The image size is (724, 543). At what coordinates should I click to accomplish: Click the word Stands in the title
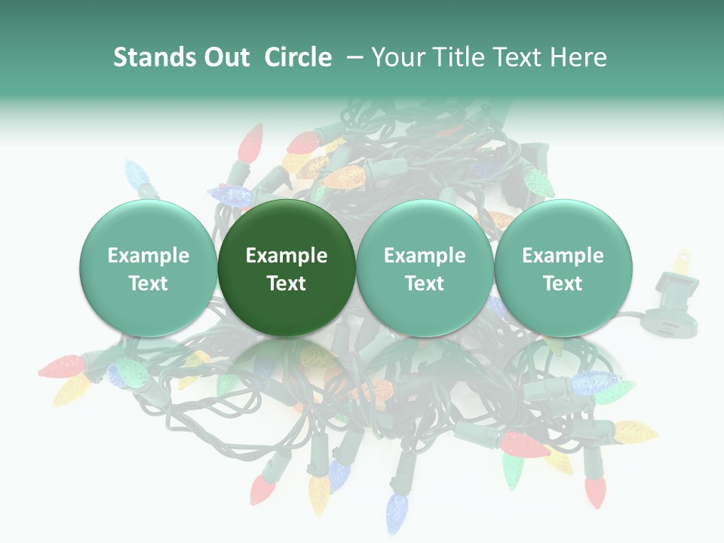point(149,57)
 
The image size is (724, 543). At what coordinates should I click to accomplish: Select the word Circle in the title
point(298,57)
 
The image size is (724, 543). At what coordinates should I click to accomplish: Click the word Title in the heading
point(461,57)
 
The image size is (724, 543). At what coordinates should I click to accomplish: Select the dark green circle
point(287,268)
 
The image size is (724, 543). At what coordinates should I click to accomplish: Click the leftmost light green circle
point(148,268)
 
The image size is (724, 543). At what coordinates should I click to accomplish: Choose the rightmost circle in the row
point(563,268)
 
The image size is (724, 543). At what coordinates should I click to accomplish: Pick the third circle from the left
point(425,268)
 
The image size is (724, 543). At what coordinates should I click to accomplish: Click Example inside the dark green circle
point(287,256)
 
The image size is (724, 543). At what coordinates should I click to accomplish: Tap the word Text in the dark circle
point(287,284)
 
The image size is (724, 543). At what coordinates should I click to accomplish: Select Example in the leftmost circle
point(148,256)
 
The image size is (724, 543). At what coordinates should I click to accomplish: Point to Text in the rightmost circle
point(563,284)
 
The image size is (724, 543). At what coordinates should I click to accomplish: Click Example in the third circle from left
point(425,256)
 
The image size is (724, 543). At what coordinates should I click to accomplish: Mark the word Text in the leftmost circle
point(148,284)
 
